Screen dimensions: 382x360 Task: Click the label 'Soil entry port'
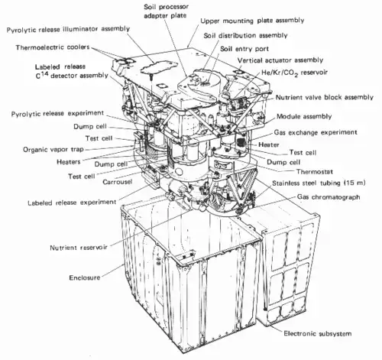244,49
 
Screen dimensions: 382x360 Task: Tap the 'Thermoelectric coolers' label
53,47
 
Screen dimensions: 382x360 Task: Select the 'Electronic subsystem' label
318,333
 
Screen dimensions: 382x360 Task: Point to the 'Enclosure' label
85,277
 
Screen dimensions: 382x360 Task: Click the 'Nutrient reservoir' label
79,248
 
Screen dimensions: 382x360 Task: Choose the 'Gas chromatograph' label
329,197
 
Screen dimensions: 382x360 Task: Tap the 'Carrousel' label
118,182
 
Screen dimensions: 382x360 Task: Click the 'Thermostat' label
315,171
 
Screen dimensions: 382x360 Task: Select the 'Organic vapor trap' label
53,150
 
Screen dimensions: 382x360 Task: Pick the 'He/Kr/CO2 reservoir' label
294,73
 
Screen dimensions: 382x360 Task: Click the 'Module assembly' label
304,117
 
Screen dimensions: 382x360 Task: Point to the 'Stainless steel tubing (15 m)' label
319,183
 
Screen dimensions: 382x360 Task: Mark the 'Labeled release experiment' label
72,203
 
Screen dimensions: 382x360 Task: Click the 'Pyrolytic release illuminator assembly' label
68,29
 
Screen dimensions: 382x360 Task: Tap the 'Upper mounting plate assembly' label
252,21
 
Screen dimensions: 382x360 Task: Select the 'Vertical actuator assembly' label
280,60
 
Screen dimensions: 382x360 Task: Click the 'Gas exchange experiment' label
316,132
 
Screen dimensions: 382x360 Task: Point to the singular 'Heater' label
269,144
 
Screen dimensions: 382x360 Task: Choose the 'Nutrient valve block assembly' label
325,97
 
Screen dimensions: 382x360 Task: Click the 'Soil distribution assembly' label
245,35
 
